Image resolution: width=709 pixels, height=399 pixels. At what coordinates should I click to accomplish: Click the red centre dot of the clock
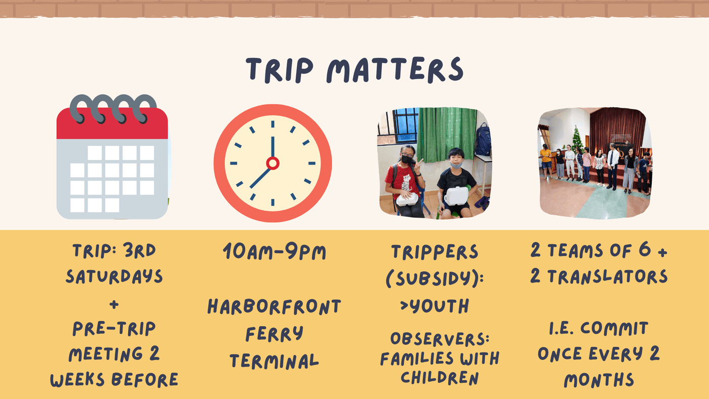pos(272,163)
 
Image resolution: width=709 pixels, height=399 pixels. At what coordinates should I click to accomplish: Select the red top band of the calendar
pos(112,124)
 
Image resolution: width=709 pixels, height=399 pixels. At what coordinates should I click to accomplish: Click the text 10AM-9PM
pos(274,252)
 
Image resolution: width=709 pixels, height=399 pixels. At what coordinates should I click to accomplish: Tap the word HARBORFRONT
pos(274,306)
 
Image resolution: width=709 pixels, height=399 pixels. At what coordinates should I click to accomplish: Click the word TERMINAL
pos(274,361)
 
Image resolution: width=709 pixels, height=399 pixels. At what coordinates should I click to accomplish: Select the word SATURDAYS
pos(114,276)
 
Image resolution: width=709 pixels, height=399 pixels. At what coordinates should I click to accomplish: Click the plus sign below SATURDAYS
pos(114,305)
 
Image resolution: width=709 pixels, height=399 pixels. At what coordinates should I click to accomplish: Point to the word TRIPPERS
pos(435,252)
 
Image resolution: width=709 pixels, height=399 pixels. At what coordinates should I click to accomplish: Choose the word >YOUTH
pos(435,306)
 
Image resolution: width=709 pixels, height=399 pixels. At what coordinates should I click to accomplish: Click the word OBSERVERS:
pos(440,339)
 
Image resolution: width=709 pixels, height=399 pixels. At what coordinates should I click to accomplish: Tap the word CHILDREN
pos(440,378)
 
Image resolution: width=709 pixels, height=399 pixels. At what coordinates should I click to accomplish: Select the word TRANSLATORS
pos(607,276)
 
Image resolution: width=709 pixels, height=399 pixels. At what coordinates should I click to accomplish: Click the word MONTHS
pos(599,380)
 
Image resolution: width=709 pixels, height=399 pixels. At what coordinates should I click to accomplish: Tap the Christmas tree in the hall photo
pos(577,139)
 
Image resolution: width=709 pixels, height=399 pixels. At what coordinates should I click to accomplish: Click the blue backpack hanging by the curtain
pos(483,139)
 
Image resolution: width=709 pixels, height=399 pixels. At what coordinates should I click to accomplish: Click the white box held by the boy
pos(457,196)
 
